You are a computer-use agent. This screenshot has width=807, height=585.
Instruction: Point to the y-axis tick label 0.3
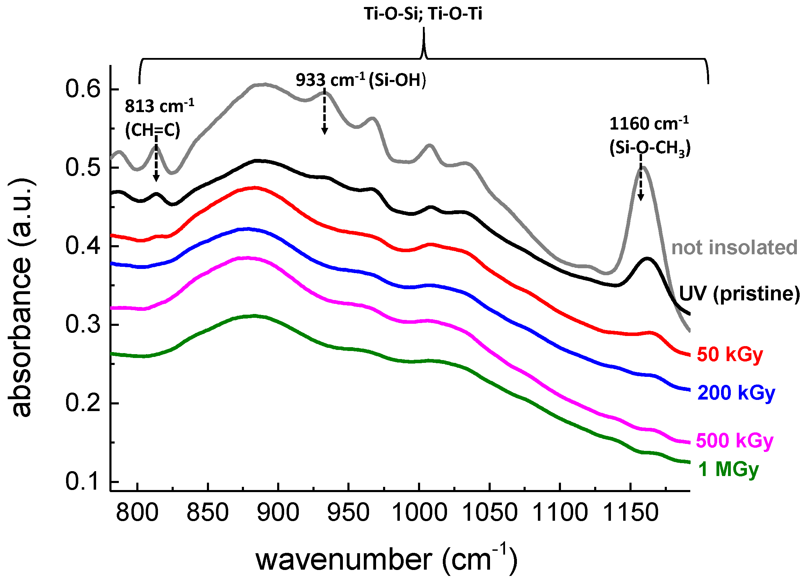coord(83,325)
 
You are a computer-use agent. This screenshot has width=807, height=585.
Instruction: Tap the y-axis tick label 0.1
coord(83,482)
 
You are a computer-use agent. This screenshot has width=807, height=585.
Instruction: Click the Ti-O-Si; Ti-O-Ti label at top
coord(423,14)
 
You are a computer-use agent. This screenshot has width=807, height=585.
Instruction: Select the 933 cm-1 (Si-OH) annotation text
coord(360,80)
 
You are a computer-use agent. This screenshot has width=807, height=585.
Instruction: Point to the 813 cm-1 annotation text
coord(159,106)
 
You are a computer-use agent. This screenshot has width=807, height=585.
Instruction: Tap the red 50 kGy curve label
coord(730,354)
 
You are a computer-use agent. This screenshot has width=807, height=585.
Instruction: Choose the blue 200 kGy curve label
coord(736,393)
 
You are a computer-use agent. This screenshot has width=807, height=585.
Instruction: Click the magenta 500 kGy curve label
coord(734,441)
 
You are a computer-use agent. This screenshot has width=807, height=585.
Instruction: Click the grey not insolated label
coord(734,247)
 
